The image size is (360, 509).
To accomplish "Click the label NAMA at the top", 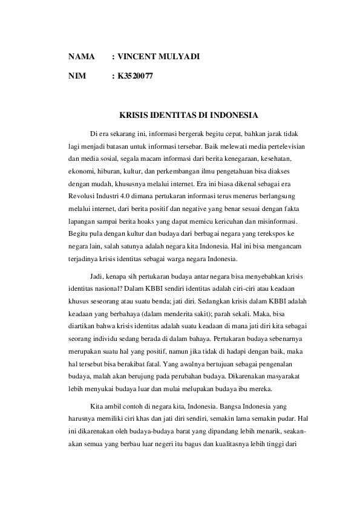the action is (x=81, y=57).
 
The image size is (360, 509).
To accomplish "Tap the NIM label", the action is (x=77, y=77).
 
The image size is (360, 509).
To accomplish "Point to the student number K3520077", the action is (x=136, y=77).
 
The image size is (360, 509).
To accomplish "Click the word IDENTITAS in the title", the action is (x=173, y=115).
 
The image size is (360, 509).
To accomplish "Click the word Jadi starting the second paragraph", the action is (x=97, y=276).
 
